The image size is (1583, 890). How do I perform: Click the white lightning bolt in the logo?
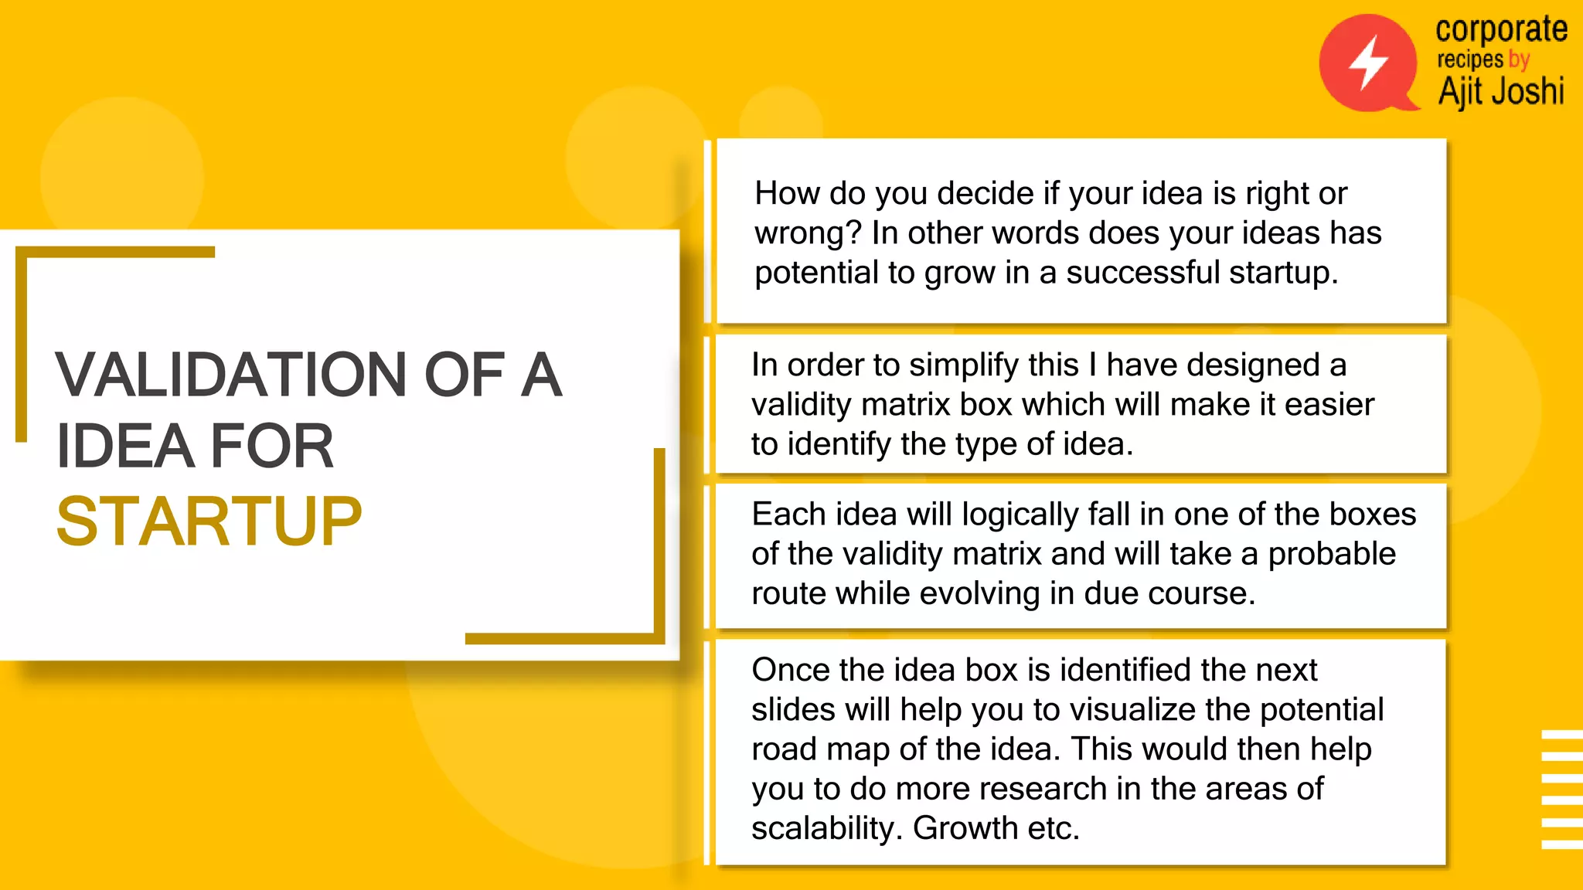tap(1368, 62)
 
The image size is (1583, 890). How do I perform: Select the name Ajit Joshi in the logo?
tap(1501, 91)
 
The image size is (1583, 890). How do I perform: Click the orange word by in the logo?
tap(1519, 59)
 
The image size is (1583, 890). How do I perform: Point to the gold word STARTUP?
tap(209, 522)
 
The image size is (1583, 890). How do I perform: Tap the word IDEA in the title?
tap(124, 447)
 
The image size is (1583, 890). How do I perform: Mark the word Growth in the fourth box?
tap(965, 828)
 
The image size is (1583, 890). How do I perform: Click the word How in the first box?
tap(787, 193)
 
